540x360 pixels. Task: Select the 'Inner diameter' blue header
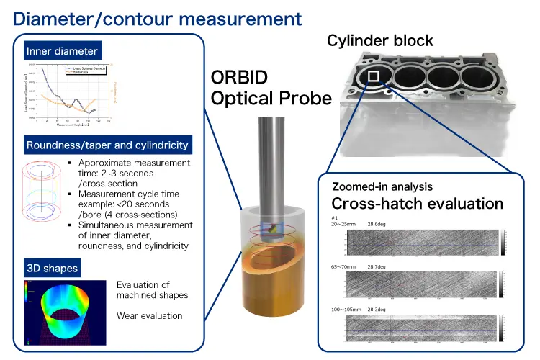(61, 51)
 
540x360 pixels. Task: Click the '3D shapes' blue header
(52, 269)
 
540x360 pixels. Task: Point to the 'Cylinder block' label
(380, 40)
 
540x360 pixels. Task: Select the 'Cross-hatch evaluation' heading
(417, 203)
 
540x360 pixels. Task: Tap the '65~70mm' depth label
(346, 266)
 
